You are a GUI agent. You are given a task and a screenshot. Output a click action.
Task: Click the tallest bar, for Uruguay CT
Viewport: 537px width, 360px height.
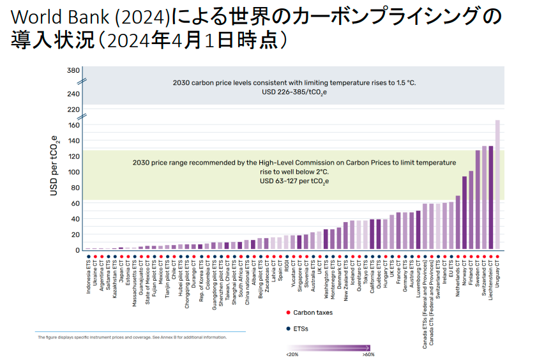click(497, 185)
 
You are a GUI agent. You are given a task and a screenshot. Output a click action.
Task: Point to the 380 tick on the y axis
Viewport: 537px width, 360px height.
click(73, 70)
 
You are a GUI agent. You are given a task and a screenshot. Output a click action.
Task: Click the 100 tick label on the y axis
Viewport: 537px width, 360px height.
click(73, 172)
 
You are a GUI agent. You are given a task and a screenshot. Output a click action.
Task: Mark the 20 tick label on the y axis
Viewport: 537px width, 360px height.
click(75, 234)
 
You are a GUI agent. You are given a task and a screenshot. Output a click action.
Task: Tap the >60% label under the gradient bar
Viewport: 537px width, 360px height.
click(368, 354)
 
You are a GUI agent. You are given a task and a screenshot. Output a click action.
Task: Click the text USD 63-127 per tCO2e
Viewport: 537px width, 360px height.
click(294, 181)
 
